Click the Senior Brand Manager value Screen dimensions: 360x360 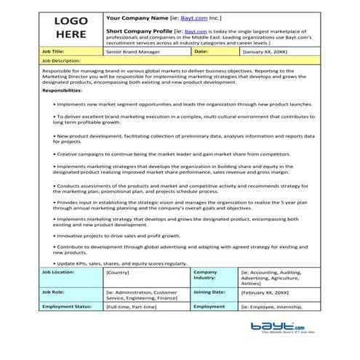(131, 52)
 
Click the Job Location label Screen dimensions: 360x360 (59, 271)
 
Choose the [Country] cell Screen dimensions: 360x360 (119, 272)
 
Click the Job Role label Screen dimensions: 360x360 (55, 291)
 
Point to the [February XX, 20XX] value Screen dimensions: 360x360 (265, 291)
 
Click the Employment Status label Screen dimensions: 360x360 (66, 307)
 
